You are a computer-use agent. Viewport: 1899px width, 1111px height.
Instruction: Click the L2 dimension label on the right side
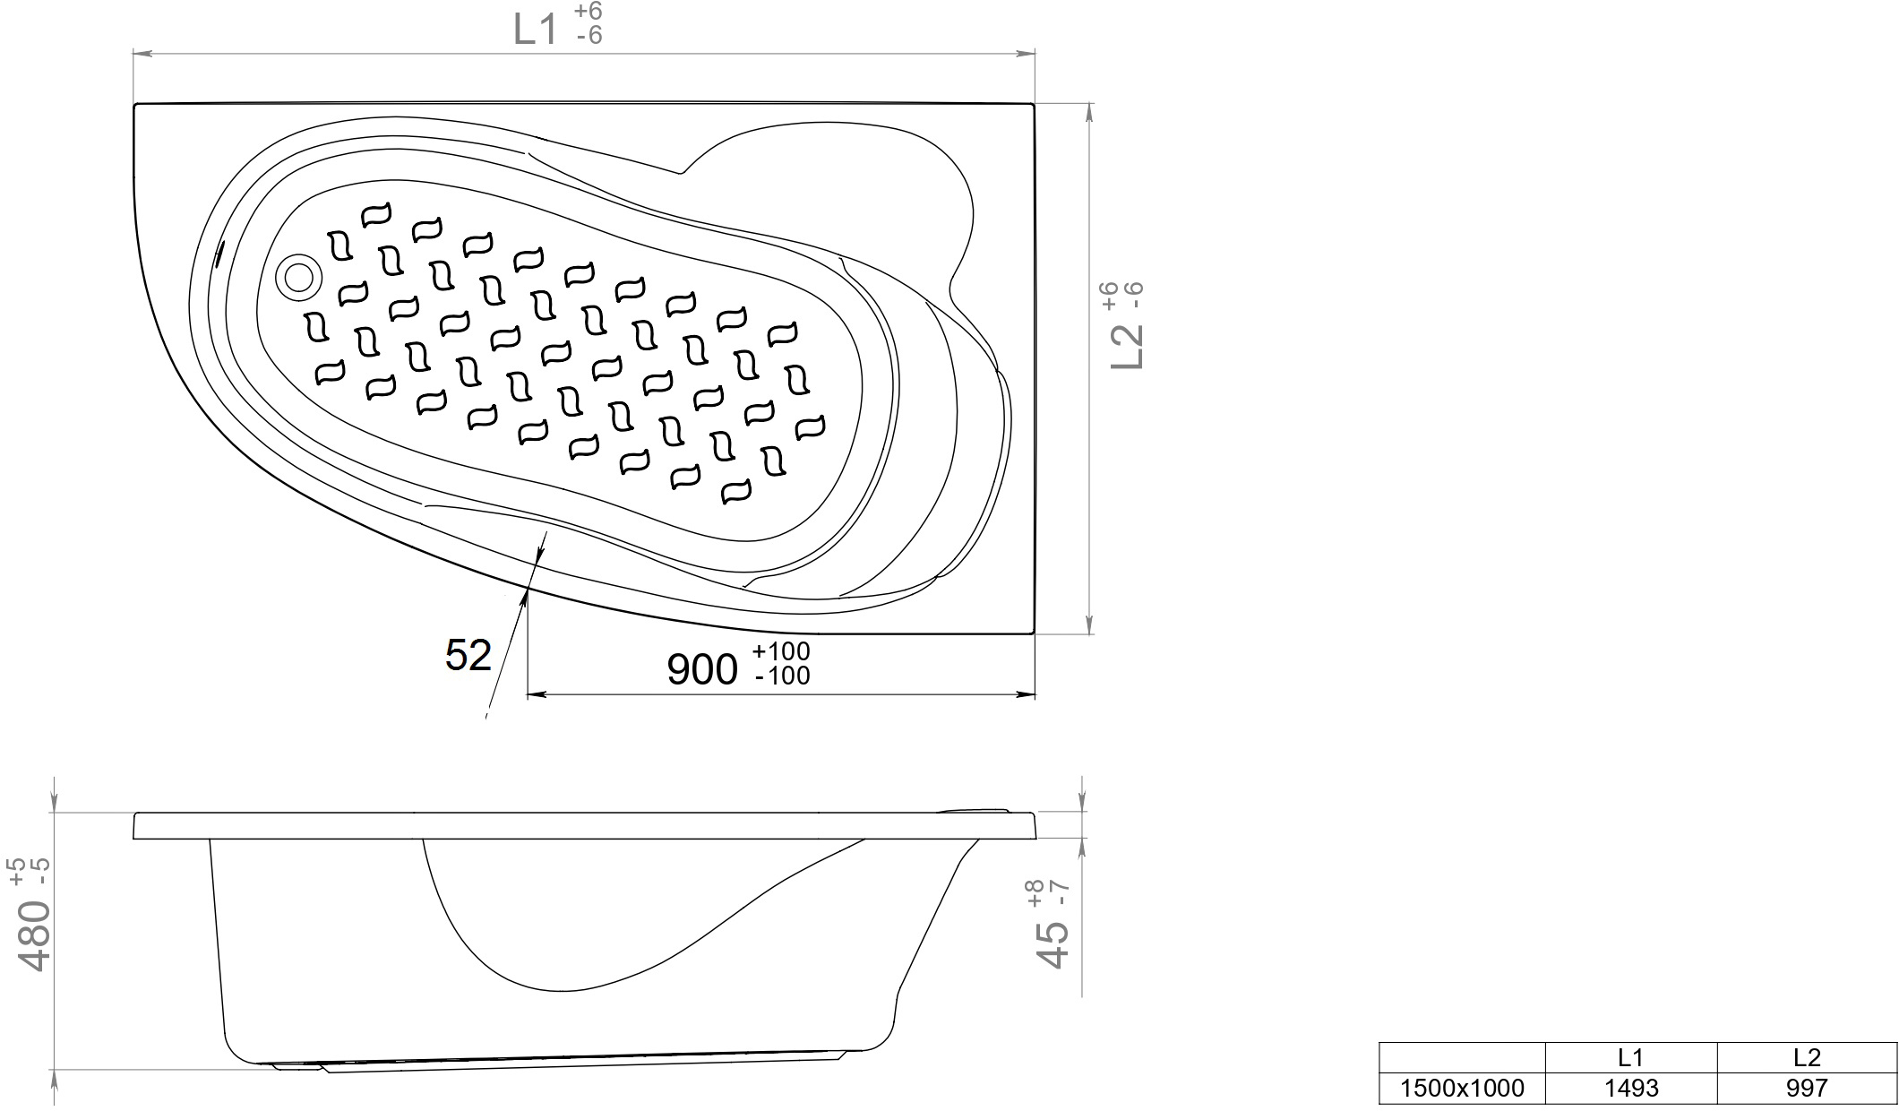[x=1127, y=346]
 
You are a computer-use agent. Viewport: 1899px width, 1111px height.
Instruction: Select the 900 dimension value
[x=702, y=669]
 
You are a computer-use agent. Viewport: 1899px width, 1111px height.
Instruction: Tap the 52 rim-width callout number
[x=468, y=656]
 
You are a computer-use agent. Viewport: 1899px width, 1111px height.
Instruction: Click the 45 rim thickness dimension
[x=1053, y=946]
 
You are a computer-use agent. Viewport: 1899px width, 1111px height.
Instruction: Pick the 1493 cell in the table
[x=1631, y=1088]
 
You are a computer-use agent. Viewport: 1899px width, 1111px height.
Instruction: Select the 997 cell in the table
[x=1807, y=1088]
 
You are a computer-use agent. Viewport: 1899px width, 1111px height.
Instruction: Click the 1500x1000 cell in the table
[x=1462, y=1088]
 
